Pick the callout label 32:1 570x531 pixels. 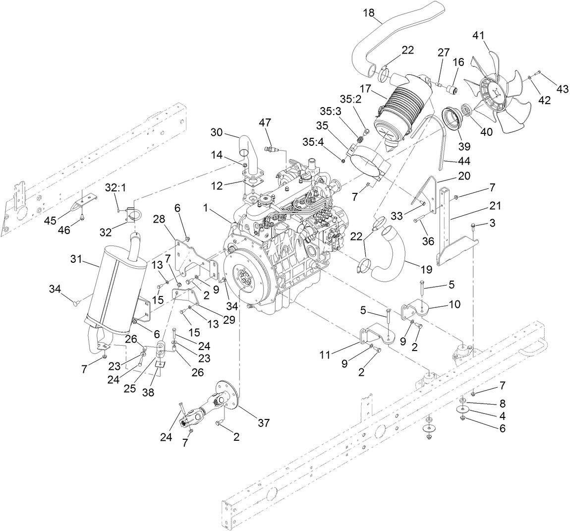click(114, 187)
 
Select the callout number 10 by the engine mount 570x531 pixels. click(454, 303)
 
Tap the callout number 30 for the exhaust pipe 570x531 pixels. click(217, 132)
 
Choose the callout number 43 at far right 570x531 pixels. click(562, 89)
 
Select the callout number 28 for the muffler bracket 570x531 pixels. click(159, 218)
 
